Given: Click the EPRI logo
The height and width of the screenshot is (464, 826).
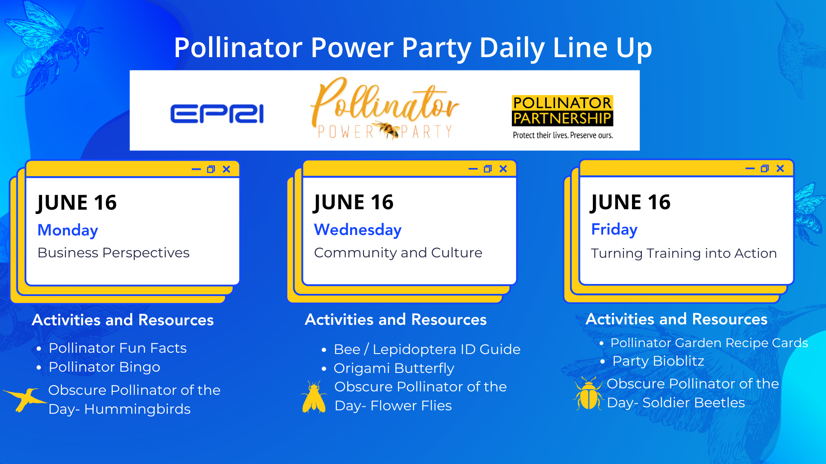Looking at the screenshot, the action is coord(217,114).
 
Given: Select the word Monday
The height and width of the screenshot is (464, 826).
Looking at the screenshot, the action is coord(68,230).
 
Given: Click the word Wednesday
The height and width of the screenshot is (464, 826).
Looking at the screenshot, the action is coord(358,230).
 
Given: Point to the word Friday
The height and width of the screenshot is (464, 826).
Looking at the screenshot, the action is coord(614,229).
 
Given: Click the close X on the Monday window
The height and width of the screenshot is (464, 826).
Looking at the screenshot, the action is coord(226,169).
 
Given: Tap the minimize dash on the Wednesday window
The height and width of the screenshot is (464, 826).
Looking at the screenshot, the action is coord(473,169).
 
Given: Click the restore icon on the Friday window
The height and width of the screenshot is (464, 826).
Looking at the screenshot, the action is coord(764,168).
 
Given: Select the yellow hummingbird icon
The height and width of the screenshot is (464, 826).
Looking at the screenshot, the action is coord(25,399).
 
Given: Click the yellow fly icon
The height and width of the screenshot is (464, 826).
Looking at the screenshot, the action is coord(314,397).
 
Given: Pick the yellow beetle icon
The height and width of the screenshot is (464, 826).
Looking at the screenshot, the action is coord(588,394).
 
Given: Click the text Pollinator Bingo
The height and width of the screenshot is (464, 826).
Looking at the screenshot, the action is coord(105,367).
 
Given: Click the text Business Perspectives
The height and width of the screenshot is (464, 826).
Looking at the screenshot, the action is coord(114,253).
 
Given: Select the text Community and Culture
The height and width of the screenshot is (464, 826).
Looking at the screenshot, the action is coord(398,253).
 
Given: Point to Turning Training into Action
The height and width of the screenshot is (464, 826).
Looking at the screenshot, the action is coord(684,253).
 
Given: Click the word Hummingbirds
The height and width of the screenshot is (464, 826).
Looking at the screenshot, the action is coord(137,409).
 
